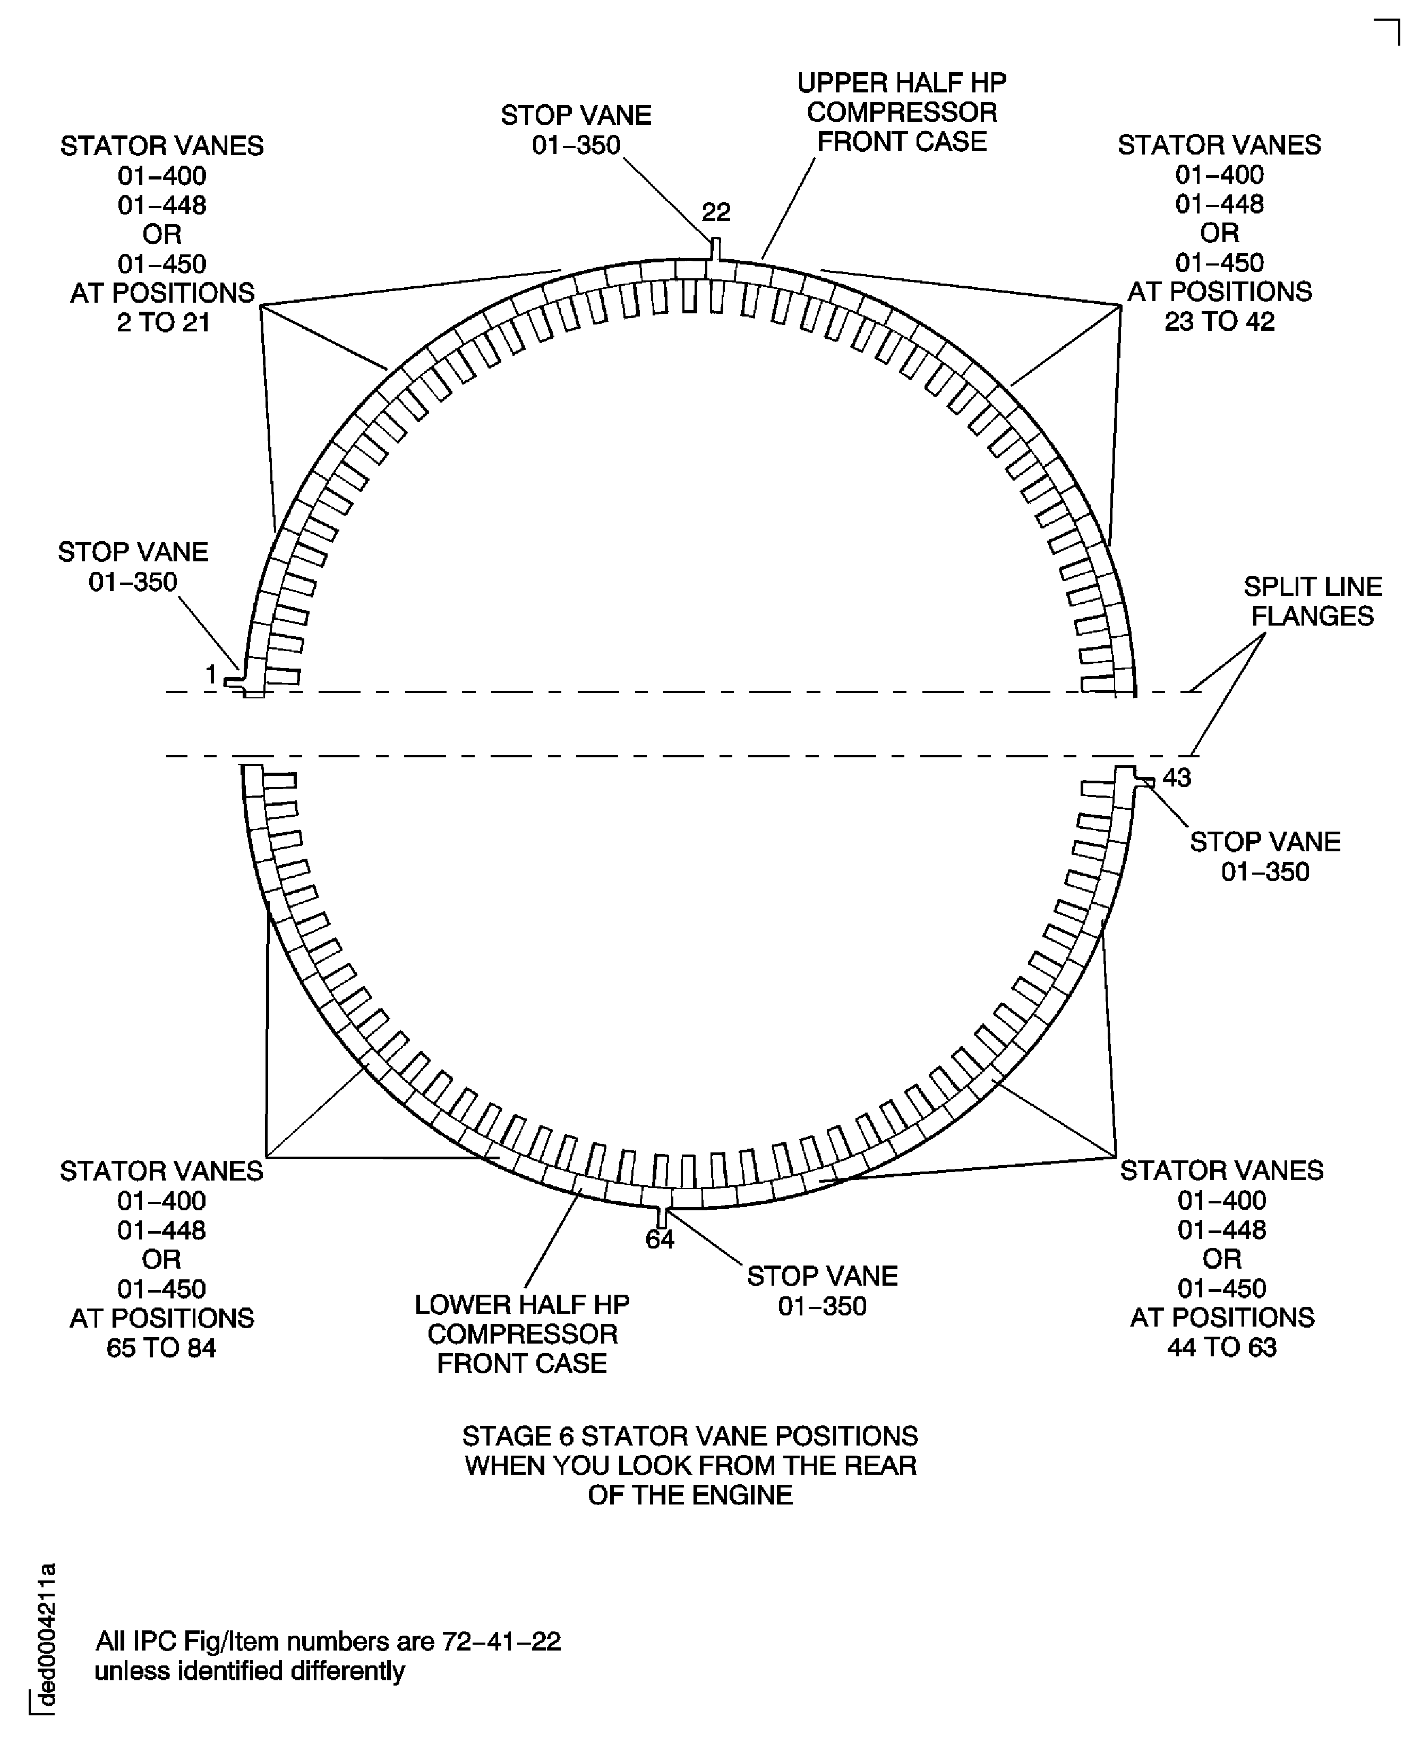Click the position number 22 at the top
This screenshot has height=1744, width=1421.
click(x=716, y=213)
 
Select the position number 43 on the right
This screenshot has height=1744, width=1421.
click(x=1177, y=777)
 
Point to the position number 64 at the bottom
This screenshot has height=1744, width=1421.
click(x=660, y=1240)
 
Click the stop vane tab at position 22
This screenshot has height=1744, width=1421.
click(x=715, y=249)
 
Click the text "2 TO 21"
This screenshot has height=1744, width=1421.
click(x=164, y=322)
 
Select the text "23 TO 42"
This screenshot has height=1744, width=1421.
click(x=1220, y=322)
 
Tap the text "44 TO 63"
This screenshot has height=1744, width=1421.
click(x=1222, y=1347)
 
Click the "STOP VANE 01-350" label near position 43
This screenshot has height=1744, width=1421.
click(x=1265, y=857)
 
